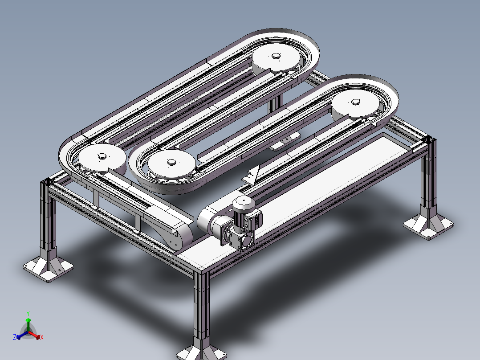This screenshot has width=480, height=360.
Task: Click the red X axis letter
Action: (41, 338)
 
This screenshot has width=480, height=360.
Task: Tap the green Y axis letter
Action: (28, 313)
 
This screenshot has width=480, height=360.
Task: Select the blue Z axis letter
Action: (15, 338)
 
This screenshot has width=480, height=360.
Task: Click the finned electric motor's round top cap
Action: (243, 202)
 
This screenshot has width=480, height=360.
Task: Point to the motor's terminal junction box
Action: (256, 219)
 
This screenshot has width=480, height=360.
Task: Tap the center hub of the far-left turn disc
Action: (102, 156)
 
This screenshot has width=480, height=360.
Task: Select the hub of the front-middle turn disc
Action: (171, 162)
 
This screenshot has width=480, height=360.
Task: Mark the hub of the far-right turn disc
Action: (355, 102)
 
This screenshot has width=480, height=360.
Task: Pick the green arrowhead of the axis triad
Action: (28, 321)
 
